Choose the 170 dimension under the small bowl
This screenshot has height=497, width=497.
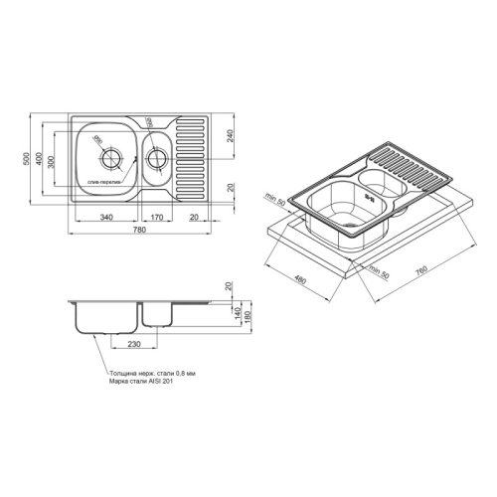tap(157, 216)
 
